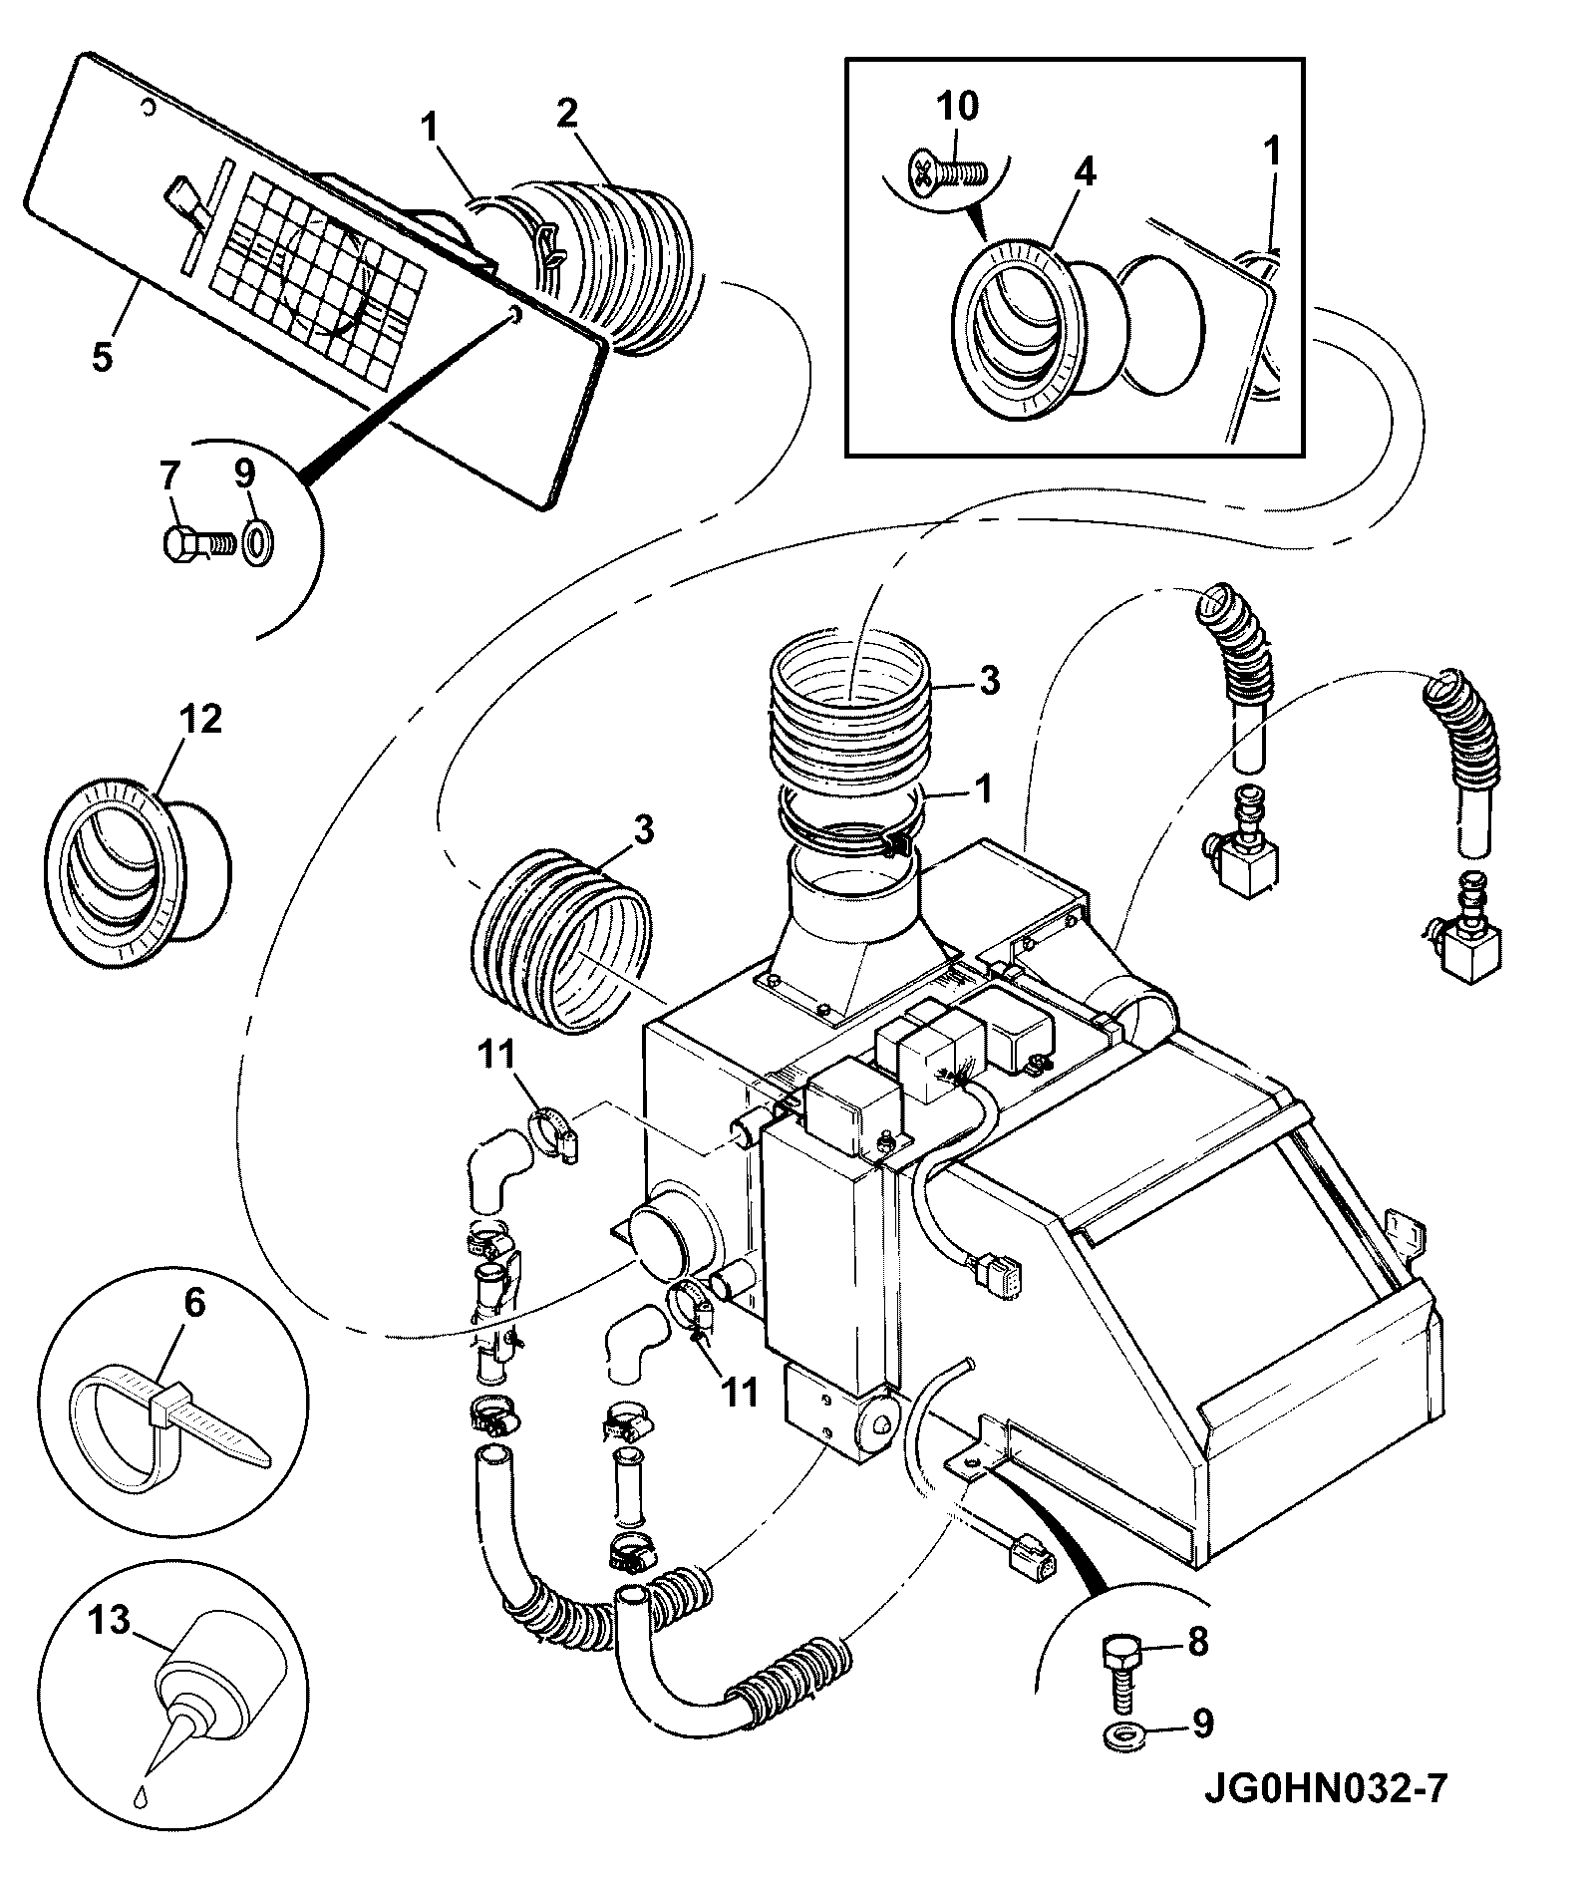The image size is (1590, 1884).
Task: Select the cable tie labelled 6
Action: click(169, 1433)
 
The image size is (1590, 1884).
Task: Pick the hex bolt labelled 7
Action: click(197, 543)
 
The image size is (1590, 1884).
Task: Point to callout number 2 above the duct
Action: click(566, 113)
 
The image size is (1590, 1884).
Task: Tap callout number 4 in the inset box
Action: click(1085, 171)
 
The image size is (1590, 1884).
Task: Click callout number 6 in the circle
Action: click(194, 1303)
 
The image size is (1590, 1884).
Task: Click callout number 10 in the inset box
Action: click(957, 105)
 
